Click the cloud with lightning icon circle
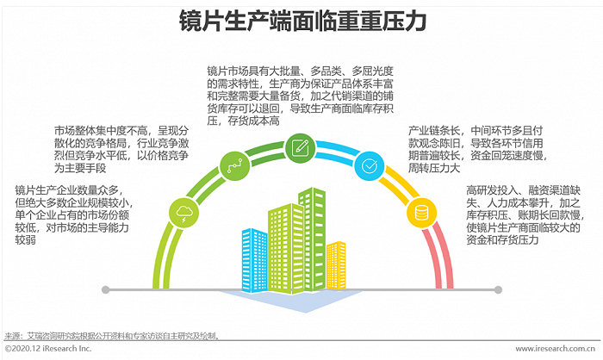click(x=184, y=211)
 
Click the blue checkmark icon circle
click(x=369, y=163)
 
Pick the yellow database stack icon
click(x=422, y=211)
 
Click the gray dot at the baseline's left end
click(x=105, y=289)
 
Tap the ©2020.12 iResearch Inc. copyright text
click(x=48, y=349)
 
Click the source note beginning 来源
click(x=112, y=336)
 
